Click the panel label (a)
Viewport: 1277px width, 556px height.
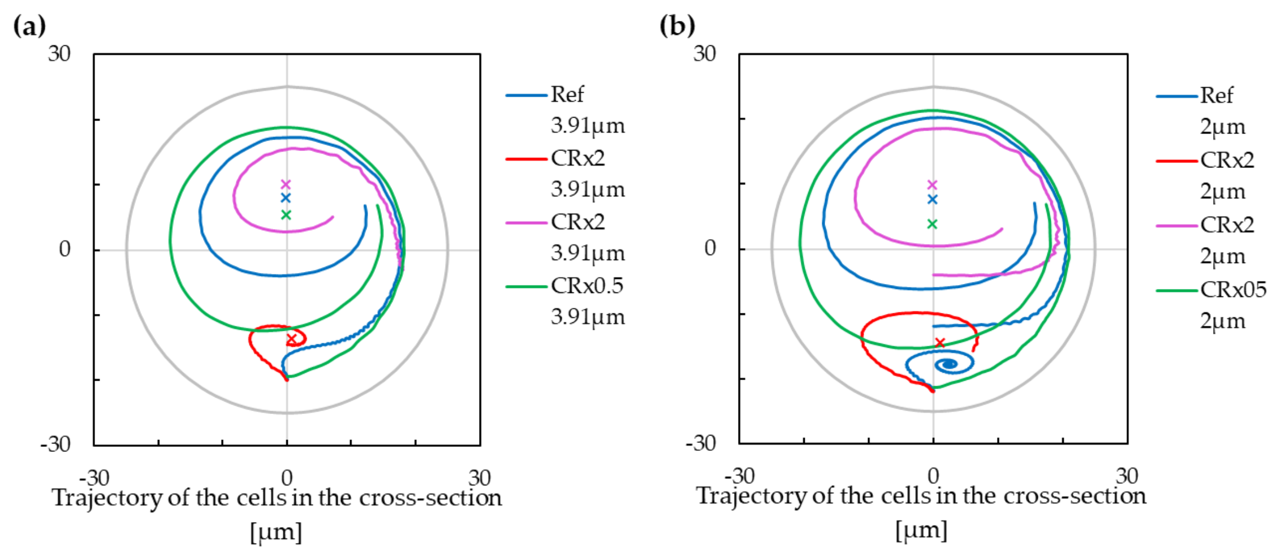(x=29, y=26)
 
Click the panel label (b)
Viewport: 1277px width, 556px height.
(x=677, y=26)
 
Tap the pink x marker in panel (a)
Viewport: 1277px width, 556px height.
(x=286, y=184)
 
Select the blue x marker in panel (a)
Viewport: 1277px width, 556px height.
(x=286, y=198)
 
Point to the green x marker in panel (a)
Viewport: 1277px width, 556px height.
(x=286, y=215)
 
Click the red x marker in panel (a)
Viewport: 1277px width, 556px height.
(x=292, y=339)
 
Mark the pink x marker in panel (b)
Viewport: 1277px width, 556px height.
(x=933, y=185)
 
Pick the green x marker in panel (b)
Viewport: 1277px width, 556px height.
(x=932, y=224)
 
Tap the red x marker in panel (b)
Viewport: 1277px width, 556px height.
(x=940, y=343)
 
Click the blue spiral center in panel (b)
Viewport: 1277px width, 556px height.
(x=948, y=364)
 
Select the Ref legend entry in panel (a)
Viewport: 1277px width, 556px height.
(x=567, y=94)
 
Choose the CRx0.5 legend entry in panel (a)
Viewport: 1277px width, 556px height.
(x=587, y=286)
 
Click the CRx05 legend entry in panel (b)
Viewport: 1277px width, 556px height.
(x=1233, y=290)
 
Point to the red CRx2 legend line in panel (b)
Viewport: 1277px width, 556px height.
(x=1176, y=161)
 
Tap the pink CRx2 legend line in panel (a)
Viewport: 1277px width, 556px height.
(x=527, y=222)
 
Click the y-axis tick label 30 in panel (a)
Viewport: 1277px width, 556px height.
(x=59, y=54)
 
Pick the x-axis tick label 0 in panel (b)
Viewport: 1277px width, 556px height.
(x=933, y=476)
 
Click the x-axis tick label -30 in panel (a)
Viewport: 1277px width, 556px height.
(x=94, y=479)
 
